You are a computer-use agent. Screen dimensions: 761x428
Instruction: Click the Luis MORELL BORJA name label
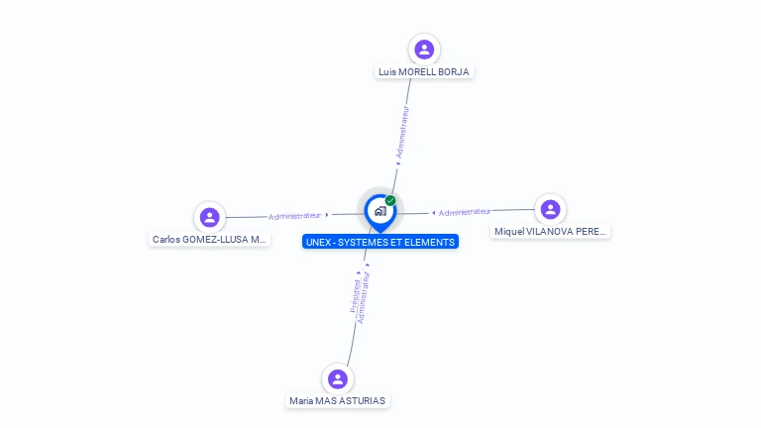pos(424,71)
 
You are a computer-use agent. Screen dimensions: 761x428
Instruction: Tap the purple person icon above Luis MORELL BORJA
pos(424,50)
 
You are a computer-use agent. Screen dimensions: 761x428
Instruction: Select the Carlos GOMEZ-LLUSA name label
pos(209,239)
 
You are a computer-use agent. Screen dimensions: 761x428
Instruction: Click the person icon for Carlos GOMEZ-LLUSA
pos(209,217)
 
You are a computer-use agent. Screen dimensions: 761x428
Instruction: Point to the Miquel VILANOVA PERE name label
pos(550,231)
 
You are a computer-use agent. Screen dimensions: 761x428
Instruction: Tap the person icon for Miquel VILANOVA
pos(550,209)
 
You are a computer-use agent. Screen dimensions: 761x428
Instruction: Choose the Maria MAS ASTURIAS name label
pos(337,401)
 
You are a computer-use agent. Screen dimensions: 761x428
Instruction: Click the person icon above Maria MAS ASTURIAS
pos(337,378)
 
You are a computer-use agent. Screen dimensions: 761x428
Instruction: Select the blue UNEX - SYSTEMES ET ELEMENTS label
pos(380,242)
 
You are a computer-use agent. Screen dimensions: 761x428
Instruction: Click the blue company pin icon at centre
pos(380,211)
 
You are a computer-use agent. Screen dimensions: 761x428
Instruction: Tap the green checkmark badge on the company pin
pos(390,201)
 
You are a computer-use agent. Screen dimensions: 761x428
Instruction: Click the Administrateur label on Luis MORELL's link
pos(402,133)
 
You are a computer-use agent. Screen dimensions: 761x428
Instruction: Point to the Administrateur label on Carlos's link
pos(294,215)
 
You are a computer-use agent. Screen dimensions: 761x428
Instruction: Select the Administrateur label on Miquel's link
pos(465,212)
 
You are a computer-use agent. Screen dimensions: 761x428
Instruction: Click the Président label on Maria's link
pos(356,295)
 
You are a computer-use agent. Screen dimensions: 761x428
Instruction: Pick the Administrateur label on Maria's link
pos(364,297)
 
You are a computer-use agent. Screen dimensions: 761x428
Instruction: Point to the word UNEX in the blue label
pos(319,242)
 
